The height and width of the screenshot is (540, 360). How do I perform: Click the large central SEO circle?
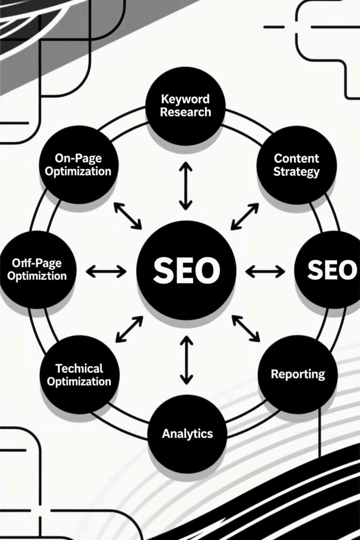click(x=186, y=270)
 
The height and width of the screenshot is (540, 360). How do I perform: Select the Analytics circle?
click(x=187, y=433)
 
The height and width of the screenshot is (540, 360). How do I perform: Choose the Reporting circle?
click(x=297, y=374)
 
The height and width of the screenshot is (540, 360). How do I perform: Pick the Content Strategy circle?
click(x=296, y=165)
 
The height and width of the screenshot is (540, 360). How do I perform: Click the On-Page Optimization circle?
click(x=78, y=165)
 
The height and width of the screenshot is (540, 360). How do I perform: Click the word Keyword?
click(x=185, y=100)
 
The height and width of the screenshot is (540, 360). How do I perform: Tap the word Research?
click(x=185, y=112)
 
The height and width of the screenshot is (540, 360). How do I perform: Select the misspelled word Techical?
click(x=79, y=368)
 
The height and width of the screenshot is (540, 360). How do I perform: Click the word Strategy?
click(x=296, y=171)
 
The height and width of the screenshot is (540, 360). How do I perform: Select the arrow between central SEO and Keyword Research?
click(x=186, y=186)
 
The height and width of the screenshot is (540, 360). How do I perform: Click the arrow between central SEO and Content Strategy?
click(x=245, y=216)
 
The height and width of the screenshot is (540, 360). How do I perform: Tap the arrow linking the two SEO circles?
click(x=265, y=272)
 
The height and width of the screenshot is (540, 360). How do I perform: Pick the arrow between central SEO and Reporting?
click(x=246, y=328)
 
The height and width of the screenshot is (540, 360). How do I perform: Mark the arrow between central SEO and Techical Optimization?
click(x=129, y=329)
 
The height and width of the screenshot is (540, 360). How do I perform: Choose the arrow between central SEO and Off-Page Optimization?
click(x=106, y=272)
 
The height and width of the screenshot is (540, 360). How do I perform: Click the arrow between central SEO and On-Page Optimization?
click(x=127, y=215)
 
